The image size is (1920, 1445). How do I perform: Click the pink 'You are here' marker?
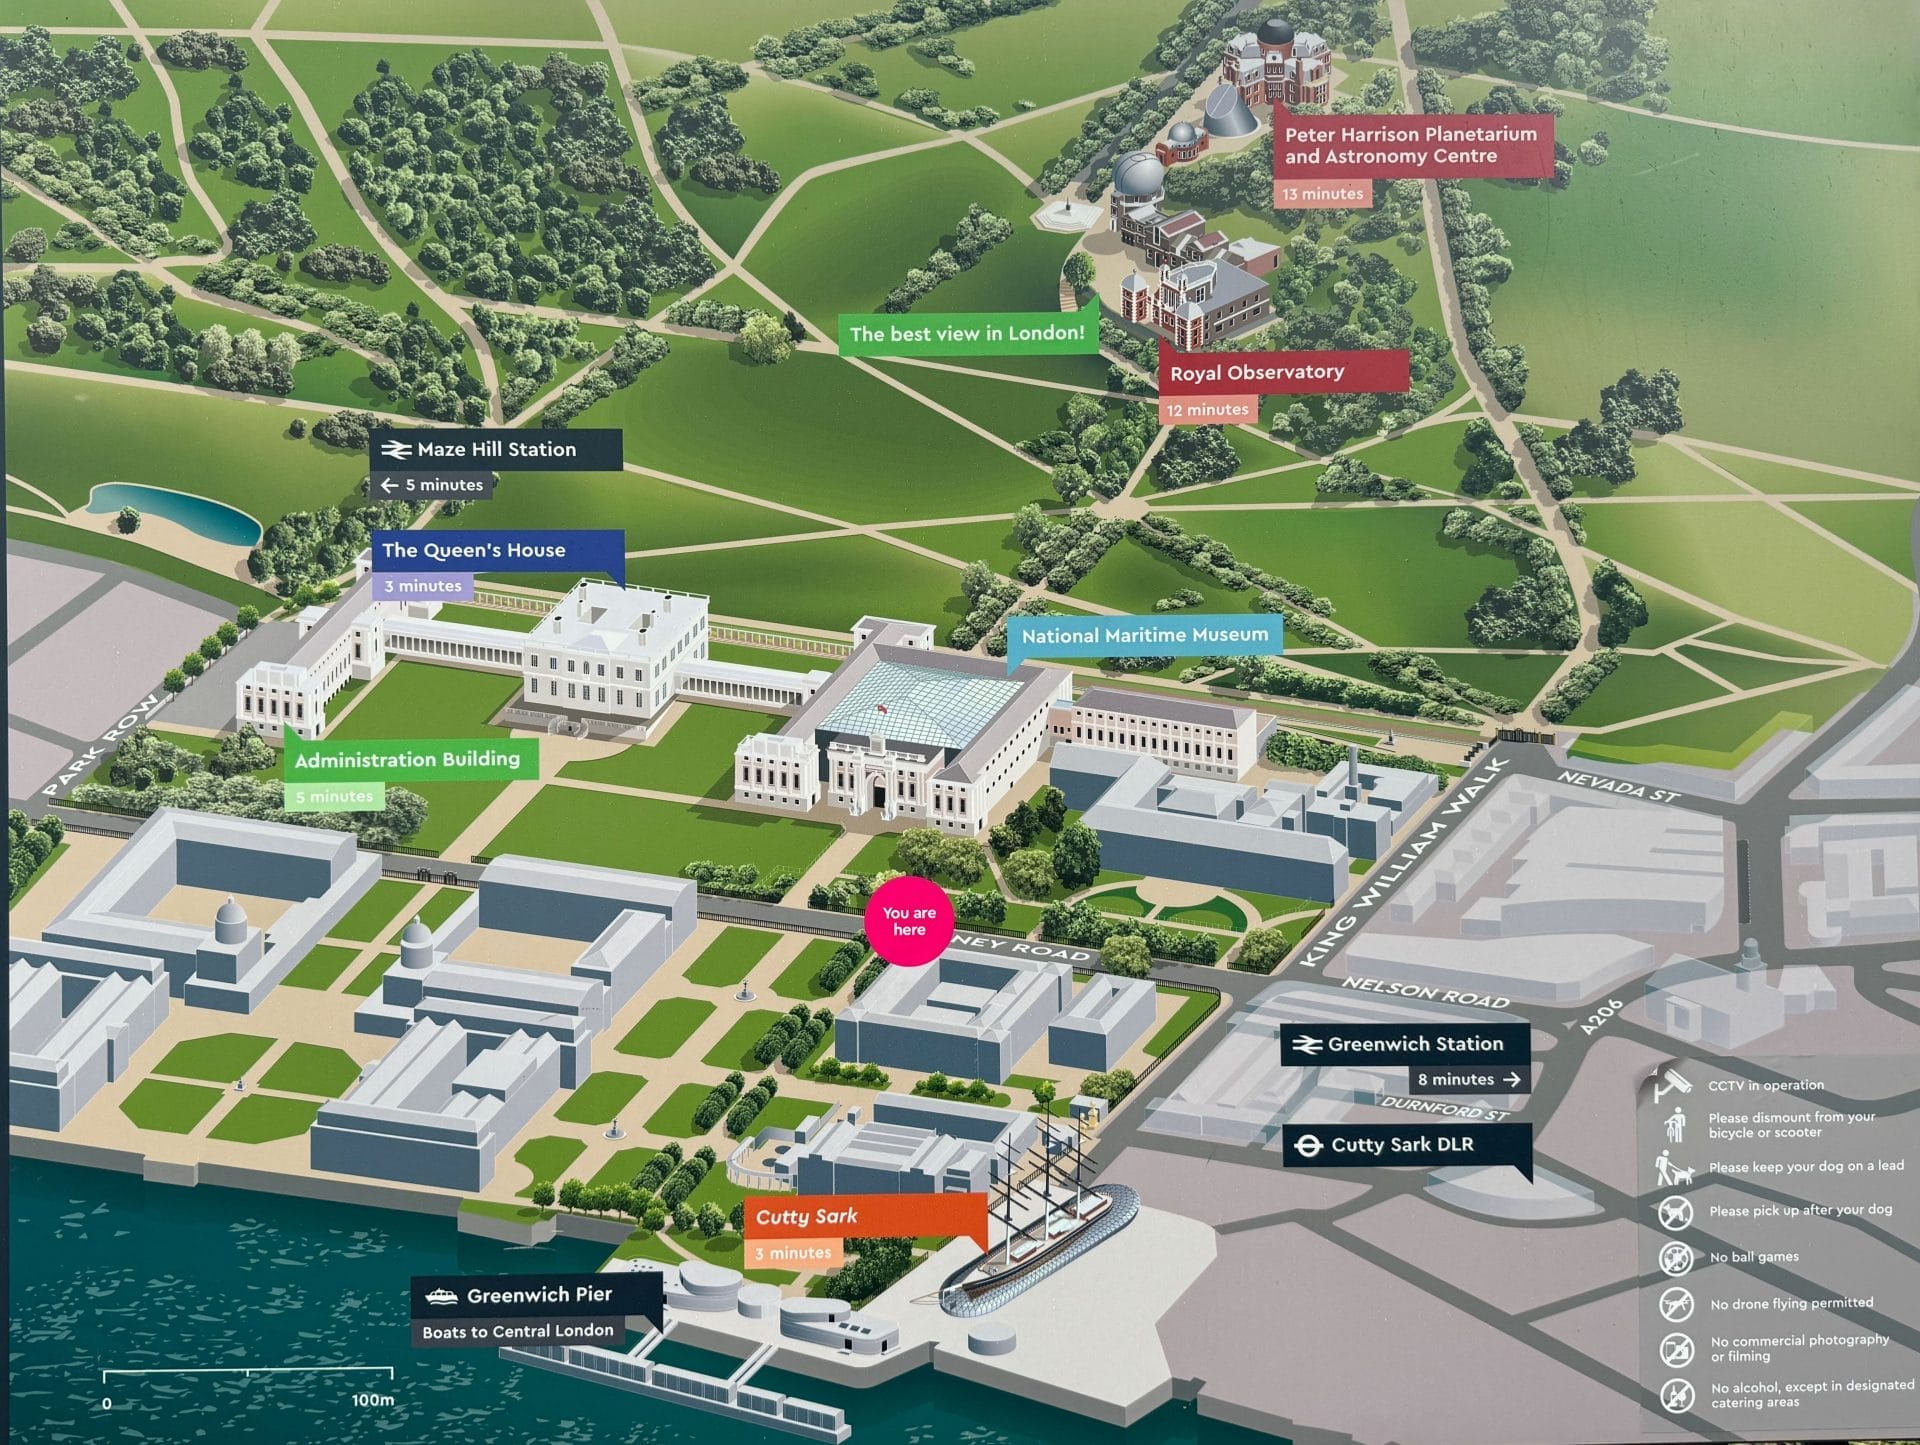(x=909, y=921)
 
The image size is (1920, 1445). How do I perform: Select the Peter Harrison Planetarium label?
(x=1411, y=145)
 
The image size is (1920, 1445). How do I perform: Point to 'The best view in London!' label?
(x=967, y=333)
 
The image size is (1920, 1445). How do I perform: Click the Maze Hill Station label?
(x=496, y=450)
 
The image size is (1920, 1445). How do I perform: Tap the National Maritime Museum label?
(x=1144, y=635)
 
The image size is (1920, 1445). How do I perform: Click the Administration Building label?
(x=408, y=760)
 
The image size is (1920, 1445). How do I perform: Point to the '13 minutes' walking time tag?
(x=1322, y=194)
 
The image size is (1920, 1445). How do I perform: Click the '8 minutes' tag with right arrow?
(x=1469, y=1079)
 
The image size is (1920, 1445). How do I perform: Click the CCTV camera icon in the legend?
(x=1672, y=1084)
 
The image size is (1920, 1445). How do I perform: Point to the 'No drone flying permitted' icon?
(x=1676, y=1304)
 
